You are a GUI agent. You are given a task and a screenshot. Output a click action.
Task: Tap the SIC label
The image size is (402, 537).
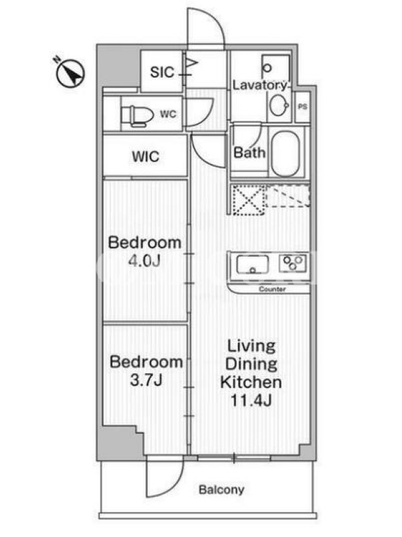tap(162, 72)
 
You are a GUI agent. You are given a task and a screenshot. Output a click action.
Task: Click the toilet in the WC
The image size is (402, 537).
tap(137, 115)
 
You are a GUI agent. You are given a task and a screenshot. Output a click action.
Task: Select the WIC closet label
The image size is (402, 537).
tap(145, 156)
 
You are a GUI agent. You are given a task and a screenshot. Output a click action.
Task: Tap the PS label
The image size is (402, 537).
tap(303, 107)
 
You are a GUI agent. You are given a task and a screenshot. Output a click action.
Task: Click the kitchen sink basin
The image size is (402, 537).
tap(253, 264)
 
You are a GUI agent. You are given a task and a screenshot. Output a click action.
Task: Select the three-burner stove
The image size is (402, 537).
tap(292, 264)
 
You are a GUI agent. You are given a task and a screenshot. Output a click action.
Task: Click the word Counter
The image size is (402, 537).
tap(272, 289)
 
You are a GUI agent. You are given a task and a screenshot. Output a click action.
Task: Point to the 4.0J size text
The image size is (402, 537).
tap(144, 261)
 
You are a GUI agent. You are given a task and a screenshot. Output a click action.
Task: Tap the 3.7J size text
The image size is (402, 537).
tap(146, 380)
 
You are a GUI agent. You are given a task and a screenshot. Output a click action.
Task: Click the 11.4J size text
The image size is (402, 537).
tap(251, 400)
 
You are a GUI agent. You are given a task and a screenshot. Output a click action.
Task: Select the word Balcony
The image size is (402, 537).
tap(222, 490)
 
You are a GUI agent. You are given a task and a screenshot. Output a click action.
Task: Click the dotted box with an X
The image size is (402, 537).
tap(249, 199)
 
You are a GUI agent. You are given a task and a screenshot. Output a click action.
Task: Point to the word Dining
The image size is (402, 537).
tap(251, 364)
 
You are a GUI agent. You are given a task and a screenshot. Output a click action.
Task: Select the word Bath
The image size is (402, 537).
tap(249, 152)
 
